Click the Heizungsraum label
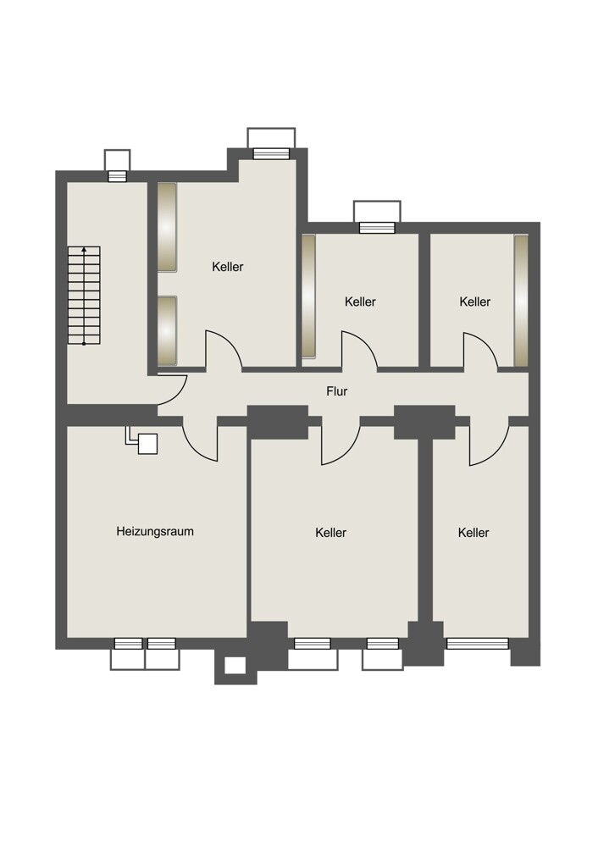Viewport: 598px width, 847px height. point(155,532)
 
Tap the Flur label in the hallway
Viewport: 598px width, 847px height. point(336,391)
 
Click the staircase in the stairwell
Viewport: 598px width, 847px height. point(84,296)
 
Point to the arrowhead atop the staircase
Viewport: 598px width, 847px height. point(84,250)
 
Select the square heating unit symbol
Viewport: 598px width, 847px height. point(147,444)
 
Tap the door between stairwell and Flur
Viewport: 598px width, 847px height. point(172,390)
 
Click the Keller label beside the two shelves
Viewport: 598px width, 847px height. point(227,267)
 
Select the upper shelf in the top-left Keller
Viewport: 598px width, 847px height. point(167,227)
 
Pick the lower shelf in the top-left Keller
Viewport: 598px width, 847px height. point(167,330)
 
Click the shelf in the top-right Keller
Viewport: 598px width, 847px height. point(521,301)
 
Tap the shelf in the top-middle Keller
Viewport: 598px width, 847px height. point(308,296)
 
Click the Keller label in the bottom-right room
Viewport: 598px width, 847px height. point(473,533)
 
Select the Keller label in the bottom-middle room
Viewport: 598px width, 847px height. point(330,533)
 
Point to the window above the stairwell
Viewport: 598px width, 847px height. point(117,176)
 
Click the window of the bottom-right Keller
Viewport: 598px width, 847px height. point(478,644)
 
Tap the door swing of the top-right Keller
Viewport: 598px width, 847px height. point(480,352)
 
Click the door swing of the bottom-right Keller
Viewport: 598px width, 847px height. point(489,441)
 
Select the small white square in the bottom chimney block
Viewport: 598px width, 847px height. point(235,666)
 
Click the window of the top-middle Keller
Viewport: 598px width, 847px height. point(377,228)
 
